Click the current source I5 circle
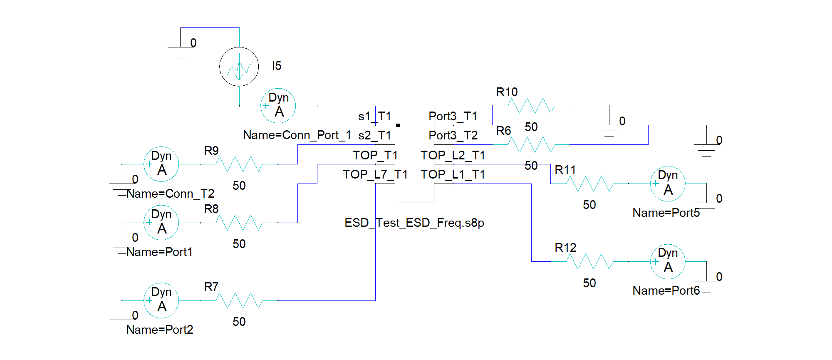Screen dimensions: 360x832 239,67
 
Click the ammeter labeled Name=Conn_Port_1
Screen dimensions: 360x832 278,106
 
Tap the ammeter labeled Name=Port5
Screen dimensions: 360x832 668,184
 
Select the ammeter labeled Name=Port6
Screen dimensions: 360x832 668,261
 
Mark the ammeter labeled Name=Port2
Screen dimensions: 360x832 161,300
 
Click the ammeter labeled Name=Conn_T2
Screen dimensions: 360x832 161,164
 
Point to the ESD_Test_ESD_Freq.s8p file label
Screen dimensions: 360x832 414,223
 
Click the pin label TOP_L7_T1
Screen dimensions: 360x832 375,174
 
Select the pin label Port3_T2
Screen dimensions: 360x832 453,135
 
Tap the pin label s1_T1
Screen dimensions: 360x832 374,116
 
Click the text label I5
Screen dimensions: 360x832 277,66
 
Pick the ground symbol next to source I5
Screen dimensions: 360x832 181,50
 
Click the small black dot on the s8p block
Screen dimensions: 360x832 398,125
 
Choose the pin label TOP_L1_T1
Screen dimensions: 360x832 453,174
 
